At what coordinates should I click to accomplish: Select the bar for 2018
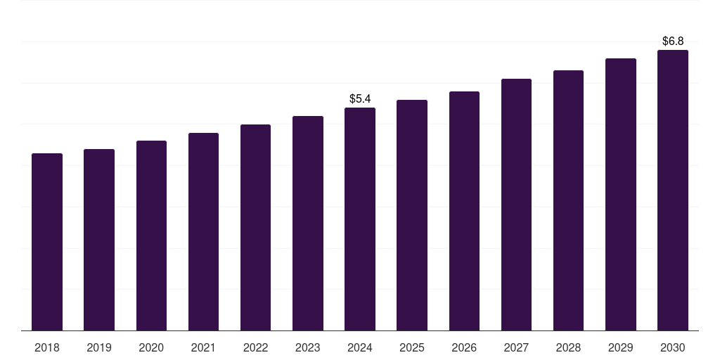(x=47, y=242)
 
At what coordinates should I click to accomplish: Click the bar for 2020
(x=151, y=236)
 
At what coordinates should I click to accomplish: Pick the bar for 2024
(x=360, y=219)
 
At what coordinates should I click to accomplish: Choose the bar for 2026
(x=464, y=211)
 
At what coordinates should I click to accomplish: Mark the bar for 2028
(x=568, y=200)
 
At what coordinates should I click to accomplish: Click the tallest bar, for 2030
(x=672, y=190)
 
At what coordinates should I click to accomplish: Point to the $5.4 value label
(x=360, y=98)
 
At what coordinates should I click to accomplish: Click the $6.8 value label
(x=673, y=41)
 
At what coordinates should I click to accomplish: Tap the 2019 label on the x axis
(x=99, y=347)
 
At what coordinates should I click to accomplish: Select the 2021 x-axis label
(x=203, y=347)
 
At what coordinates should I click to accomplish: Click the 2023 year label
(x=307, y=347)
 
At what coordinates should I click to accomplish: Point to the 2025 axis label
(x=412, y=347)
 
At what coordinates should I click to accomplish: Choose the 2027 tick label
(x=516, y=347)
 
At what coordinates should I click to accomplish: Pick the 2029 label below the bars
(x=620, y=347)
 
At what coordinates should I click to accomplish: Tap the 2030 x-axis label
(x=672, y=347)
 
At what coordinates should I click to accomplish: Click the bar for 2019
(x=99, y=240)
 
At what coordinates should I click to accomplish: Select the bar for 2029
(x=620, y=194)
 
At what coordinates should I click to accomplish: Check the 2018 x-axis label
(x=47, y=347)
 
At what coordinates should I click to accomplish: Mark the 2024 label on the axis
(x=360, y=347)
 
